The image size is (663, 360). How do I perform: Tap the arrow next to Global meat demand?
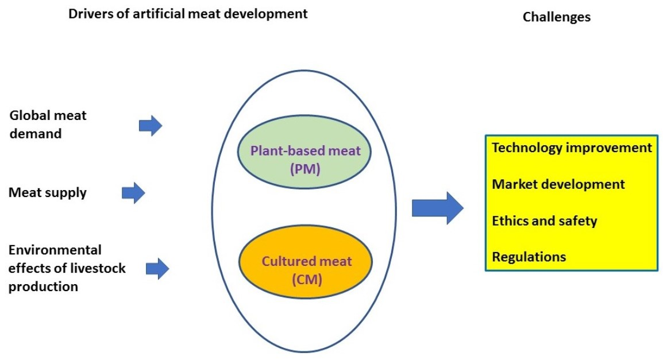[x=151, y=125]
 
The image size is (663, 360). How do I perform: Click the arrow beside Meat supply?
[x=133, y=192]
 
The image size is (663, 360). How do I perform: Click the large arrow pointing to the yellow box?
[x=437, y=207]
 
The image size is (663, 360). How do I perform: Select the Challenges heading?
[x=556, y=17]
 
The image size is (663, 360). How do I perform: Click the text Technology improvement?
[x=572, y=148]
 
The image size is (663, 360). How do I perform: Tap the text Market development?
[x=558, y=184]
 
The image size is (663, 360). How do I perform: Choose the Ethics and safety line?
[x=544, y=220]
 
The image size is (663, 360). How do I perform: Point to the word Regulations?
[x=529, y=257]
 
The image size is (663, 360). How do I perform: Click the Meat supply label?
[x=48, y=192]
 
